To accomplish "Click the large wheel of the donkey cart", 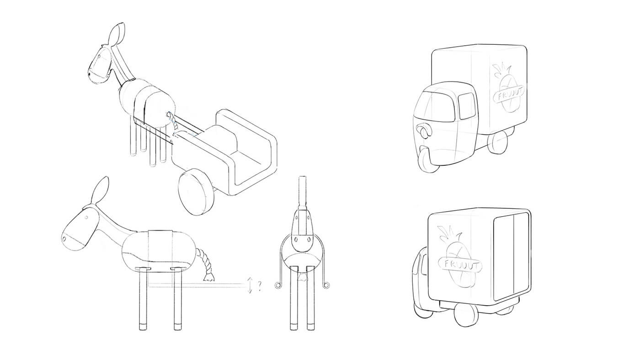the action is click(196, 191).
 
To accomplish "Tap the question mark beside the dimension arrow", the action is click(260, 286).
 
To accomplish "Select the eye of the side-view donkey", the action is click(86, 217).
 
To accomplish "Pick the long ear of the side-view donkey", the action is click(100, 190).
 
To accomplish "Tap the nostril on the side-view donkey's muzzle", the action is click(64, 238).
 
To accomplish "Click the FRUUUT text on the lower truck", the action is click(460, 265).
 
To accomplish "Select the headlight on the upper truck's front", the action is click(424, 131).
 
